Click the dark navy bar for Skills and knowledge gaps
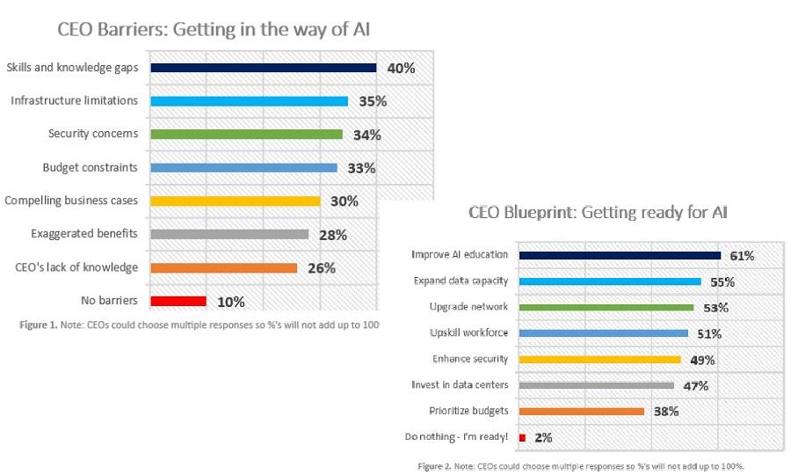click(263, 68)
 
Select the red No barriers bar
click(178, 301)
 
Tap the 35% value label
click(373, 101)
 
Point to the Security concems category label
click(92, 134)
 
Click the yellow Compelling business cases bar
click(235, 201)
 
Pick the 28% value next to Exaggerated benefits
click(333, 235)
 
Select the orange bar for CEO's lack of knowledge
click(223, 267)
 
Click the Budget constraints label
click(90, 167)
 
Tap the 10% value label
click(230, 302)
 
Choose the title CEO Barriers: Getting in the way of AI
click(214, 29)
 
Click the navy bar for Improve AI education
click(620, 255)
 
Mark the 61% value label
click(742, 256)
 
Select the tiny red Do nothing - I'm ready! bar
click(522, 437)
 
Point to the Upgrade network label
click(468, 307)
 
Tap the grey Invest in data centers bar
click(596, 385)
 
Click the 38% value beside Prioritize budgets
click(665, 411)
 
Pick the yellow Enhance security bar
click(599, 359)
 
